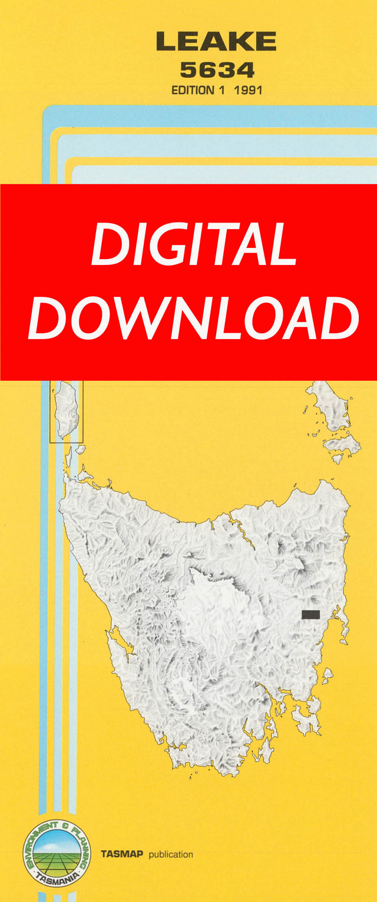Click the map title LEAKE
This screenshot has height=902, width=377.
click(216, 41)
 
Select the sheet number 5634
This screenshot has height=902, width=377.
click(217, 70)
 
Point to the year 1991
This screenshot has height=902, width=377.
click(248, 91)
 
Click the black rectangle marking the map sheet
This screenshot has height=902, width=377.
click(310, 614)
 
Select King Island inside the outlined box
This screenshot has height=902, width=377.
click(67, 409)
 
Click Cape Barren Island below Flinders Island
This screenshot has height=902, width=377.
click(342, 445)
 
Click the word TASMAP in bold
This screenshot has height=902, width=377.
click(122, 854)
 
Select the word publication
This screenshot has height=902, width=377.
click(170, 854)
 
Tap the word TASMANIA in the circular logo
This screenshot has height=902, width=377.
click(57, 880)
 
